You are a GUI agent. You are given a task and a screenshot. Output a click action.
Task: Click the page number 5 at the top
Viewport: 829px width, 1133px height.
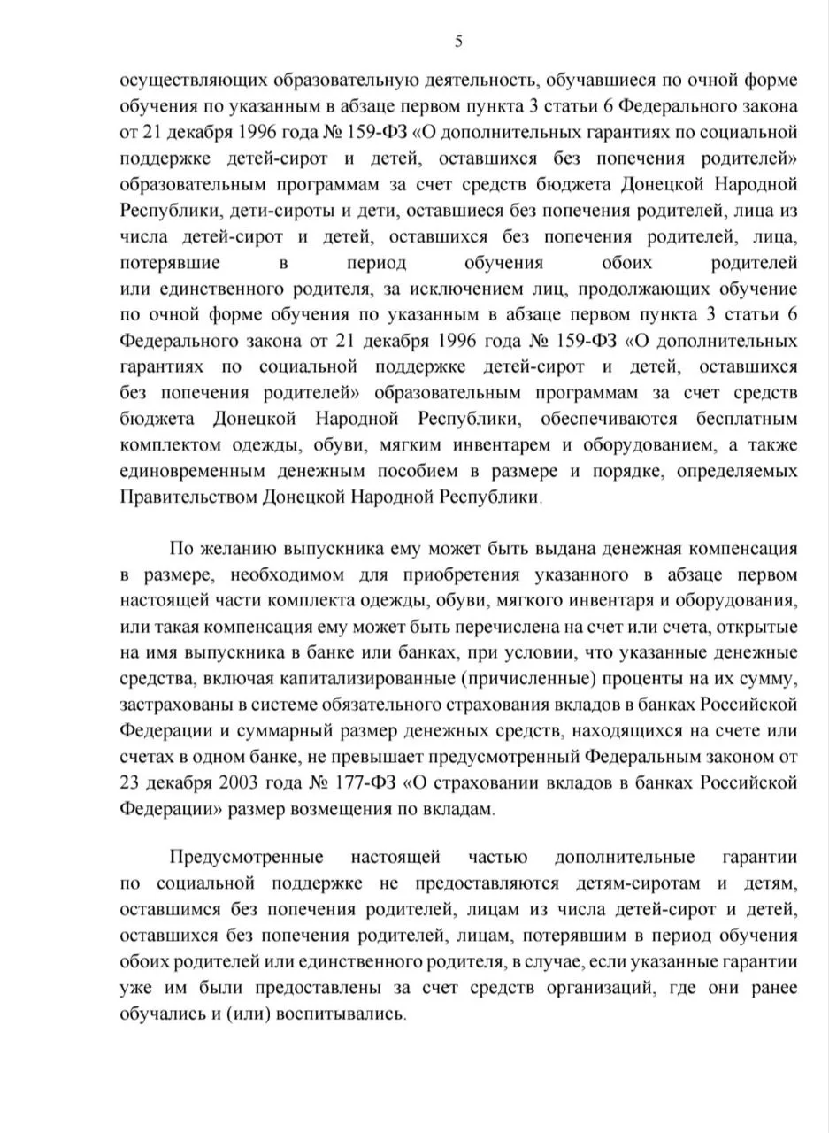pos(458,41)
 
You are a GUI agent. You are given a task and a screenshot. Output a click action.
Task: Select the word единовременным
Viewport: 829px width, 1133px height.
pos(204,470)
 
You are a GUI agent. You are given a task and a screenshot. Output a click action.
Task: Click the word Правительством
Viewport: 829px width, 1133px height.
pos(189,497)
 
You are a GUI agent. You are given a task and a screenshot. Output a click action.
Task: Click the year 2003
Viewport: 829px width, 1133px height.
pos(242,782)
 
